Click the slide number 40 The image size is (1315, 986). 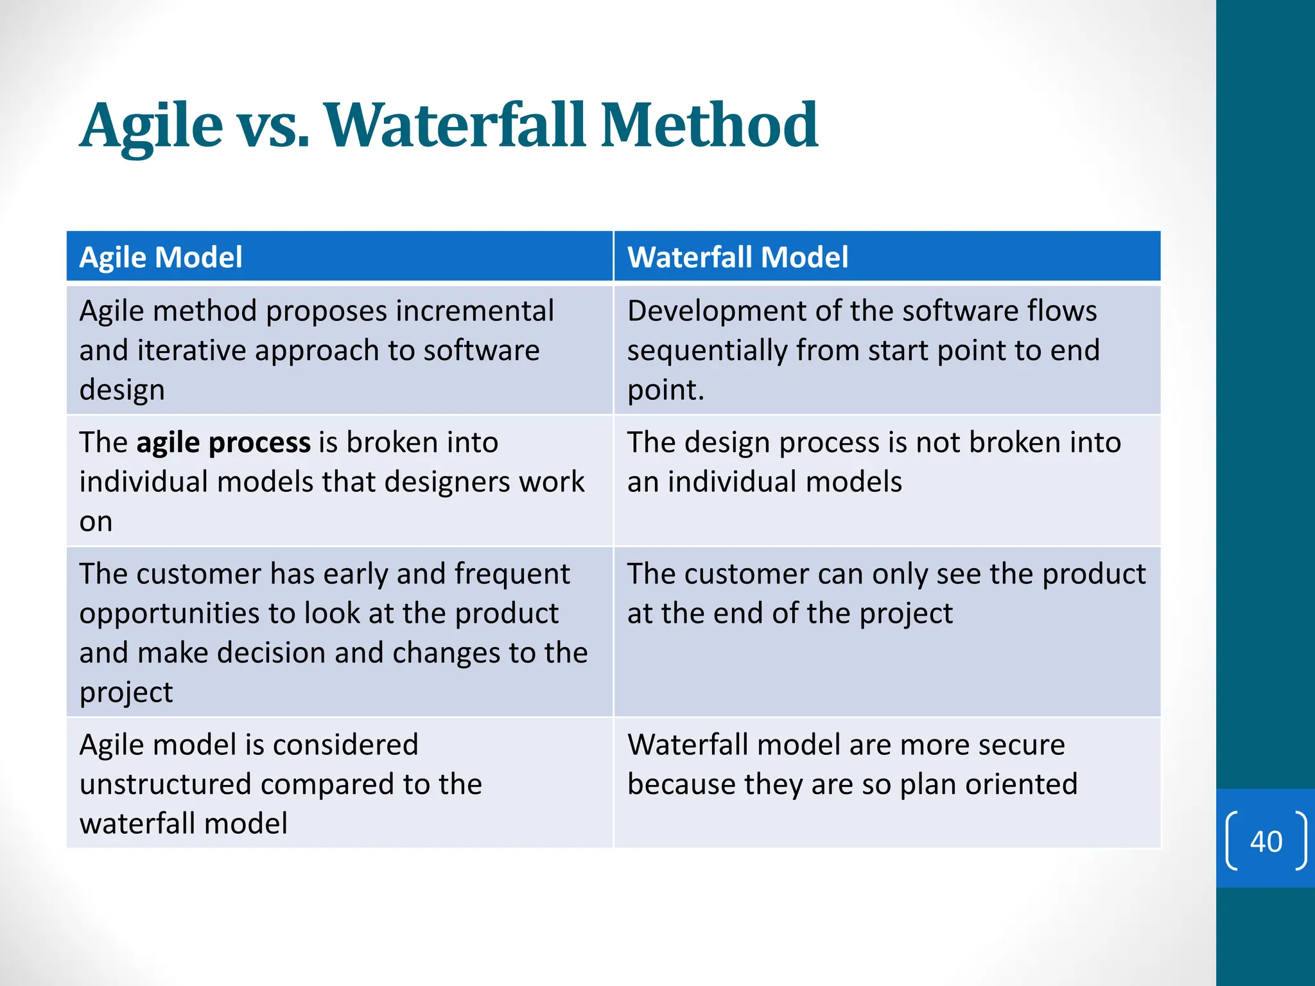pos(1266,842)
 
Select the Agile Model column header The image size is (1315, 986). pos(161,257)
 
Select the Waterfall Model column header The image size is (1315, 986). pos(737,257)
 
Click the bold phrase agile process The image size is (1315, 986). pos(223,443)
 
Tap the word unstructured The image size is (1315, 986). pos(165,784)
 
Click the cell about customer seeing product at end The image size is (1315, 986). pos(886,632)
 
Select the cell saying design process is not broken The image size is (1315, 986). pos(886,481)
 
